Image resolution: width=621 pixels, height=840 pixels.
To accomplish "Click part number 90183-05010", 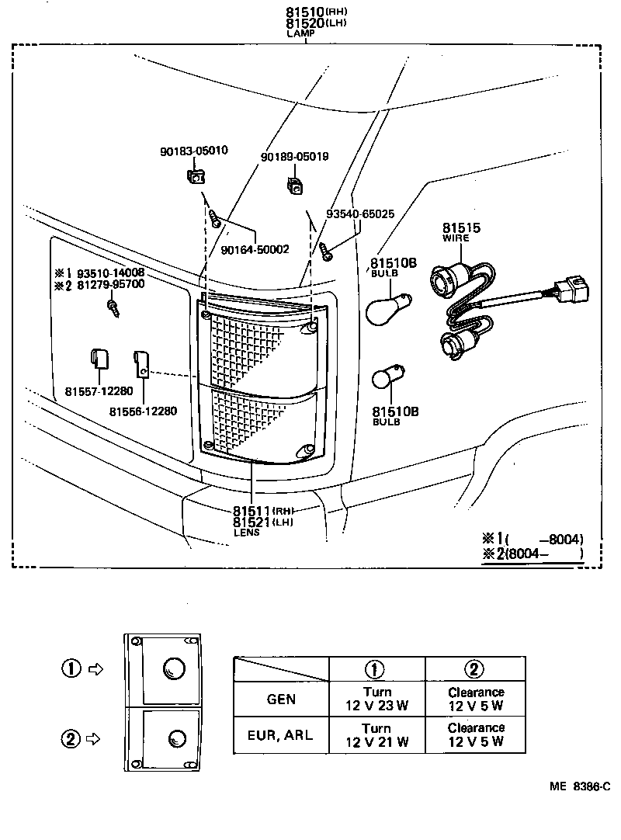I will click(194, 151).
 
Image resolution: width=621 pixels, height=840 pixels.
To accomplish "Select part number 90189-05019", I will click(294, 156).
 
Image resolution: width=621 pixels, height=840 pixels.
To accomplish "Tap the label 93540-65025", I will click(360, 213).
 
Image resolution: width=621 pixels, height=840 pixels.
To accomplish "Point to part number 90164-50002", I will click(255, 249).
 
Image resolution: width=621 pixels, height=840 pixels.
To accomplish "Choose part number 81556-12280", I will click(143, 411).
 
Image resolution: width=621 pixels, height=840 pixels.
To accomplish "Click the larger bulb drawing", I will click(387, 308).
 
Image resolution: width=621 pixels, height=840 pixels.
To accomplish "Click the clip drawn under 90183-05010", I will click(196, 177).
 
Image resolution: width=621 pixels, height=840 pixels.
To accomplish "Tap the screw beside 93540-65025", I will click(326, 250).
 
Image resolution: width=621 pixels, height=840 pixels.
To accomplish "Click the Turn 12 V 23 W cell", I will click(376, 699).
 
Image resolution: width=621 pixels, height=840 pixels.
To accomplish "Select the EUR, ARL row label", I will click(281, 735).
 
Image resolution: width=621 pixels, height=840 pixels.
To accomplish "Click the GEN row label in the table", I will click(281, 699).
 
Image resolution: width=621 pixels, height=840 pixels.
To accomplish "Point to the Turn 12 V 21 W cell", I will click(376, 735).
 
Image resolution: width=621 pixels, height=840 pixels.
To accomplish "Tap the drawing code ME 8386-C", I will click(579, 786).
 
